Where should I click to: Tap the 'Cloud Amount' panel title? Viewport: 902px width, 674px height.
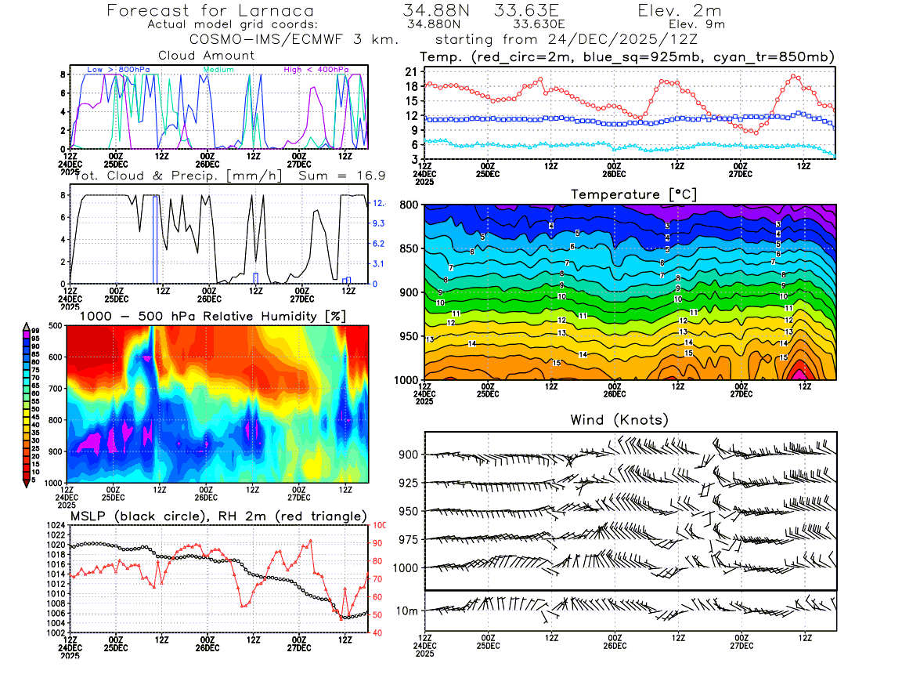tap(207, 55)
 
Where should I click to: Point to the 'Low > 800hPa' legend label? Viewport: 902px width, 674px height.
tap(118, 70)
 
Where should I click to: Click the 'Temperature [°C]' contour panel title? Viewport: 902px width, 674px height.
tap(633, 194)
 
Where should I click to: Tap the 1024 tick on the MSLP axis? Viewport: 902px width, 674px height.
tap(56, 525)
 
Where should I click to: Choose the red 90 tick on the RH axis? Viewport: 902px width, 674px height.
tap(378, 543)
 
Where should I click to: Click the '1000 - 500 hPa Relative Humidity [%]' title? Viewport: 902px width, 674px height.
tap(207, 316)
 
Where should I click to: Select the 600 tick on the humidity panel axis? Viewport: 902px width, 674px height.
tap(56, 357)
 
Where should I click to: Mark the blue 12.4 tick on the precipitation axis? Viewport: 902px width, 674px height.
tap(378, 204)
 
